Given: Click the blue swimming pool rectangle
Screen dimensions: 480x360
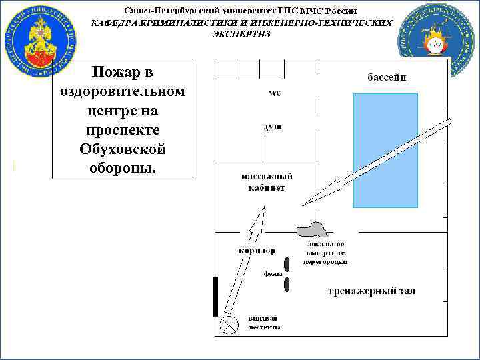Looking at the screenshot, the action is pos(385,150).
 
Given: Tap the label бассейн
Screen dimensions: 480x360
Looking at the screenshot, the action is pos(387,77).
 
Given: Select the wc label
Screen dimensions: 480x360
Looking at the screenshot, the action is pos(275,93).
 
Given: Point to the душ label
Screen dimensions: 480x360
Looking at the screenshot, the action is pos(273,126).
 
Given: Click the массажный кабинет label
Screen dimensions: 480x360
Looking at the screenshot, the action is pos(266,182).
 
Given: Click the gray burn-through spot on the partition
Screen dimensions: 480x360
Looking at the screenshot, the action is pos(311,229).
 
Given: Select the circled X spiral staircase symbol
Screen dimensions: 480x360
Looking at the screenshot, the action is pos(231,325).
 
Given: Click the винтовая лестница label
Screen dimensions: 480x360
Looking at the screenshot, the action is pos(264,323).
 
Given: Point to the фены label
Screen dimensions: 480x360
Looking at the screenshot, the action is pos(272,274).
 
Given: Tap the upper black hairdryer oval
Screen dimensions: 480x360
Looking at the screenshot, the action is pos(287,264).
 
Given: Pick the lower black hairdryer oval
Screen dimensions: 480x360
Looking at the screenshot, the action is pos(287,285).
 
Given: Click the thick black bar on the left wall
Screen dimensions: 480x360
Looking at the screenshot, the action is pos(215,296).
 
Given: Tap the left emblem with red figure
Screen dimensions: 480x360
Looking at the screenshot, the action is pos(39,38).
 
